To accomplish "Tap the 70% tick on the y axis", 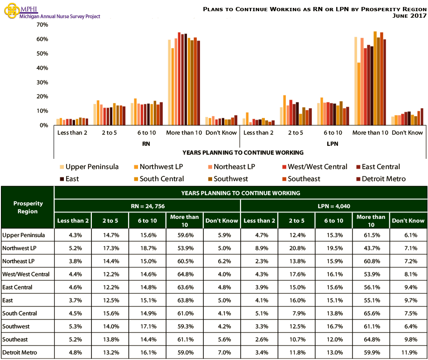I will pos(42,25).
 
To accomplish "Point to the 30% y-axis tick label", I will pos(42,82).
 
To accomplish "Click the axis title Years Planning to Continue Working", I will pos(242,152).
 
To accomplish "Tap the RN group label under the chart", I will pos(146,144).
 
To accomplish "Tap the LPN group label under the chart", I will pos(332,144).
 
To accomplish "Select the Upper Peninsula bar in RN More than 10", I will pos(169,82).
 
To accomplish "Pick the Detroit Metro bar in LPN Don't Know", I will pos(422,117).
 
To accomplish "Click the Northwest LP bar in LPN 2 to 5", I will pos(284,110).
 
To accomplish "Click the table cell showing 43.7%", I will pos(371,248).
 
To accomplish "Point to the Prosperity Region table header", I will pos(28,207).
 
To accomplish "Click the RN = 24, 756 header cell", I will pos(147,206).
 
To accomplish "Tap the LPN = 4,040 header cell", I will pos(333,206).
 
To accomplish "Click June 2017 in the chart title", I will pos(410,16).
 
